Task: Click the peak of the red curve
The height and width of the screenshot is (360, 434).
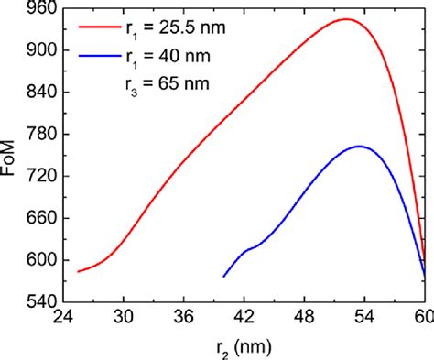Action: click(345, 19)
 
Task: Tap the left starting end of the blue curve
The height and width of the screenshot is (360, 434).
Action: click(224, 276)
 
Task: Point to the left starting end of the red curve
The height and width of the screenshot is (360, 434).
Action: click(78, 272)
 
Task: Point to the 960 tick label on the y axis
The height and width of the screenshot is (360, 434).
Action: click(44, 8)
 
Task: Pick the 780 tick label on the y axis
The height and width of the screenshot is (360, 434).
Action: click(44, 134)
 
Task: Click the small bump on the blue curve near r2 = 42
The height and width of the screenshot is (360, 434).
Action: click(246, 249)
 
